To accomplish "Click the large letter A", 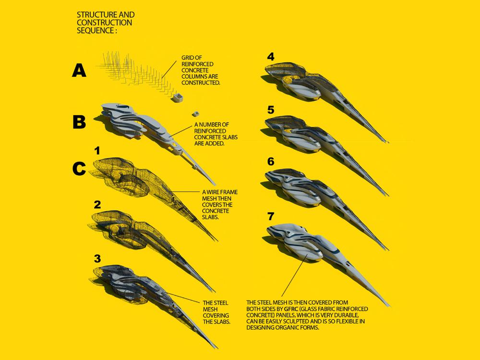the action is coord(79,70).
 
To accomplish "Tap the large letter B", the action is coord(79,121).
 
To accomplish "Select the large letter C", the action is coord(79,168).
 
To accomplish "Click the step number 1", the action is coord(97,151).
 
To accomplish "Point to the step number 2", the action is coord(97,204).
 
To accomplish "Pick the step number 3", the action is coord(97,259).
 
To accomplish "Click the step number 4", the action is coord(271,57).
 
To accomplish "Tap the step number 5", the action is coord(271,109).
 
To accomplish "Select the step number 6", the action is coord(271,162).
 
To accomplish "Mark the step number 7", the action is coord(271,216).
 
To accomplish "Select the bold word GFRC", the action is coord(291,309).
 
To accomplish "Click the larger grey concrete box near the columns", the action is coord(178,98).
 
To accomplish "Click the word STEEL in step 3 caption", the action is coord(220,303).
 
